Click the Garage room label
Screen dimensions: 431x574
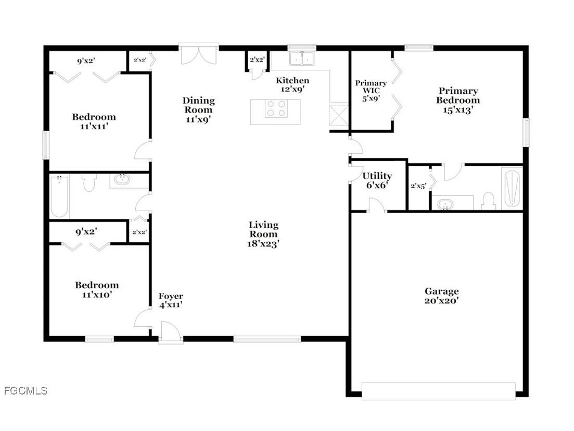tap(441, 295)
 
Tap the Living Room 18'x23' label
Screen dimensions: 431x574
tap(263, 233)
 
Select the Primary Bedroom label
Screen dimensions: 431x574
tap(458, 100)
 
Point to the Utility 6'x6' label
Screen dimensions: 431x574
tap(377, 180)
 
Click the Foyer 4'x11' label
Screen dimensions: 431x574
tap(171, 301)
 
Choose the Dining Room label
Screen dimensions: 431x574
tap(198, 109)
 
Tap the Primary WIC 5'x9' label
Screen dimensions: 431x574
tap(371, 90)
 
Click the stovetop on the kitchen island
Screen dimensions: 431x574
tap(276, 108)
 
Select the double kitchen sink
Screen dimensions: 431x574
tap(302, 58)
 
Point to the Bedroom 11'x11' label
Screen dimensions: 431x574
tap(94, 121)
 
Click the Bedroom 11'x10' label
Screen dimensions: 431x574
tap(97, 289)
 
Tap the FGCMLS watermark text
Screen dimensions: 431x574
tap(25, 390)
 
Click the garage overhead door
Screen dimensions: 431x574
tap(438, 391)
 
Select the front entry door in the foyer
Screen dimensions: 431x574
tap(170, 333)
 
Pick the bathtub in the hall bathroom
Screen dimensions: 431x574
tap(59, 196)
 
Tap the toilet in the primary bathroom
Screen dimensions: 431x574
tap(488, 201)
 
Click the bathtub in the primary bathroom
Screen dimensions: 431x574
tap(511, 188)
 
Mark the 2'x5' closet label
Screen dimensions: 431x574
tap(418, 186)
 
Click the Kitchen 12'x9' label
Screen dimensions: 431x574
tap(292, 84)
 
